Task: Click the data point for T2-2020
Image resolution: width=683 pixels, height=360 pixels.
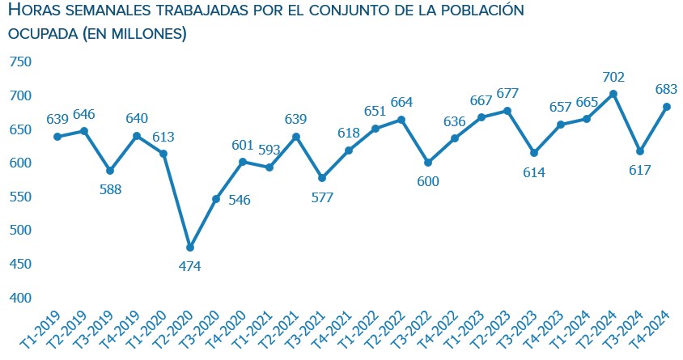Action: (189, 248)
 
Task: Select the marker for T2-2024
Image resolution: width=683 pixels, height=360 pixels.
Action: (613, 94)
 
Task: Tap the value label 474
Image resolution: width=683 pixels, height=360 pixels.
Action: (189, 265)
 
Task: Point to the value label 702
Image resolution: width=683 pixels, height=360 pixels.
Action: (613, 77)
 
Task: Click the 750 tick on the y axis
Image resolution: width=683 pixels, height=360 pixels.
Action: (19, 62)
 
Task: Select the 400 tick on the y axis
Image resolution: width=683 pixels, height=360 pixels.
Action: (19, 298)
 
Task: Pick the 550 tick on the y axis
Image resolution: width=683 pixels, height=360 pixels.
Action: (19, 197)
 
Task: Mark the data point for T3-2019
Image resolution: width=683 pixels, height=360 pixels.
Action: (110, 171)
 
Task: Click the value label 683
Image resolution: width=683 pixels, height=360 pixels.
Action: (666, 89)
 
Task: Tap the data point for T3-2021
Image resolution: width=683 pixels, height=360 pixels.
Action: (322, 178)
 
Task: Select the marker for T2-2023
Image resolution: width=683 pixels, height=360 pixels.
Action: (507, 111)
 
